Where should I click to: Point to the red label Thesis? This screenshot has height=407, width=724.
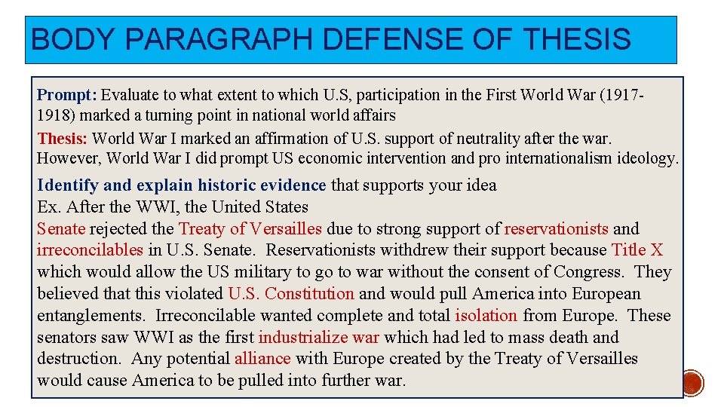63,139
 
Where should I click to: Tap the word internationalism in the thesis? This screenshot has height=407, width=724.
558,159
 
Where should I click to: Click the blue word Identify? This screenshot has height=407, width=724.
67,185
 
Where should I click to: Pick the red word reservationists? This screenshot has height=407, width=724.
556,229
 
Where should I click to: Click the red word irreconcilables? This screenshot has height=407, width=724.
90,250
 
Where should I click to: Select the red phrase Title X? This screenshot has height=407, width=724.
637,250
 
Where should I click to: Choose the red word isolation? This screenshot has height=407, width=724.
486,316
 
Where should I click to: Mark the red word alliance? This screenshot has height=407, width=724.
262,359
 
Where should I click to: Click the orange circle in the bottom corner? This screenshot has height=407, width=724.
693,383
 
